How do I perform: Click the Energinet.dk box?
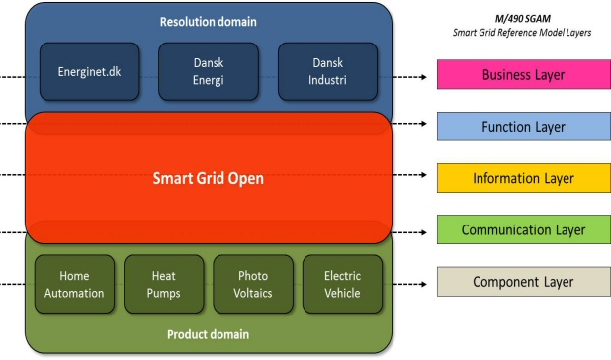click(88, 71)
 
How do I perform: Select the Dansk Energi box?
click(208, 71)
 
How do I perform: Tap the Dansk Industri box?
click(327, 71)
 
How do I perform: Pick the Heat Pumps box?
click(163, 285)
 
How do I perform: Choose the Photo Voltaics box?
click(253, 285)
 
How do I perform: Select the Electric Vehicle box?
click(342, 285)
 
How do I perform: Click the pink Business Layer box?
click(523, 75)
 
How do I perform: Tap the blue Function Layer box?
click(523, 127)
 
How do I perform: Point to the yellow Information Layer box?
click(523, 178)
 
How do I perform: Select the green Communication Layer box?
click(523, 229)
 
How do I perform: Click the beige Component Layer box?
click(523, 282)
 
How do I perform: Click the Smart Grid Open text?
click(208, 179)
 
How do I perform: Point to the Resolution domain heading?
click(208, 21)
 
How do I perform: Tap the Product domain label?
click(208, 334)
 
